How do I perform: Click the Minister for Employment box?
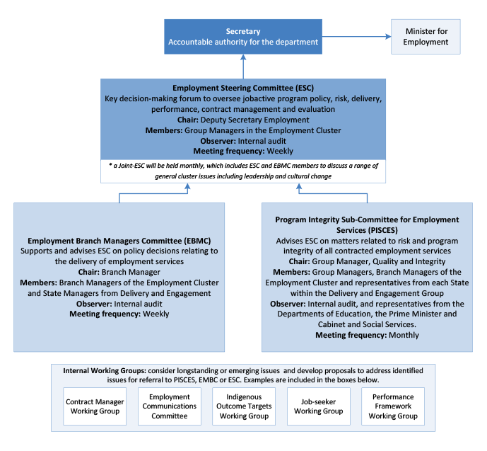click(426, 37)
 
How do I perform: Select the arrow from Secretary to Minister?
click(356, 36)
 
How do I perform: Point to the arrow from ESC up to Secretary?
click(243, 67)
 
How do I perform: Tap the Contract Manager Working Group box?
click(95, 406)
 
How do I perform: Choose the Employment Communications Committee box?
click(170, 406)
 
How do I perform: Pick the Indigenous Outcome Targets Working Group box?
click(244, 406)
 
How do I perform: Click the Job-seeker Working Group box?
click(319, 406)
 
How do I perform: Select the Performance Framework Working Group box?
click(393, 406)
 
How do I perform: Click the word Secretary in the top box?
click(243, 31)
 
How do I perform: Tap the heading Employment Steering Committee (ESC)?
click(243, 88)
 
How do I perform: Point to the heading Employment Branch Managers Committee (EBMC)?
click(119, 241)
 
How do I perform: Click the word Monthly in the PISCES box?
click(404, 335)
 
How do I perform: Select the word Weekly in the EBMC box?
click(156, 314)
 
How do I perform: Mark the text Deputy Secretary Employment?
click(254, 120)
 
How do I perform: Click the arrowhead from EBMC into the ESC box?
click(187, 186)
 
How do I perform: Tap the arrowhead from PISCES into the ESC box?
click(299, 186)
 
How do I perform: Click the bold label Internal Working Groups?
click(105, 371)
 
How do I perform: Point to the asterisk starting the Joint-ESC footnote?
click(110, 165)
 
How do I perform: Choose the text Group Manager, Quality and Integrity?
click(379, 261)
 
